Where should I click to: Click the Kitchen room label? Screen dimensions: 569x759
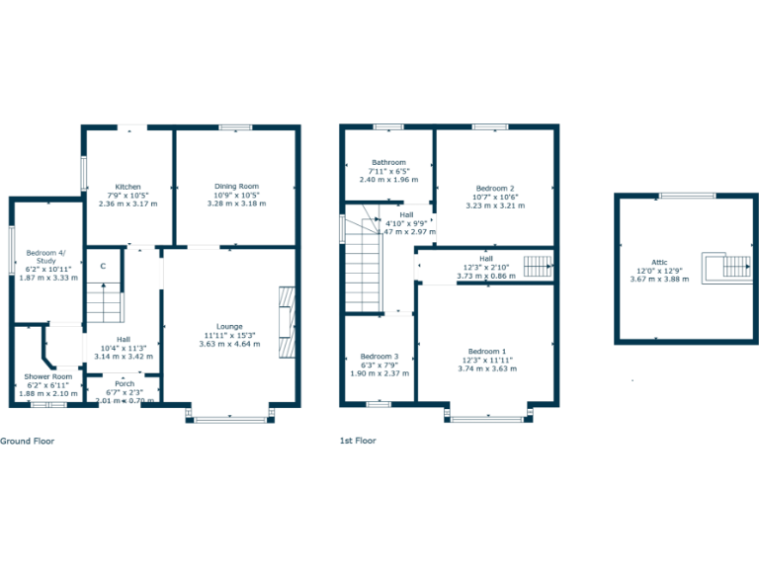tap(127, 187)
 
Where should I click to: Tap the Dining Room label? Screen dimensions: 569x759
tap(236, 187)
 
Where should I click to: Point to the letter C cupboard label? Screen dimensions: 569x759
tap(103, 264)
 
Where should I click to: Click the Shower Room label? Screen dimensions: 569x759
tap(47, 376)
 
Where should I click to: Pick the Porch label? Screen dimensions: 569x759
tap(125, 384)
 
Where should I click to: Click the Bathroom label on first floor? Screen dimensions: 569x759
tap(388, 162)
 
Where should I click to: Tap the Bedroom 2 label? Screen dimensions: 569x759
tap(495, 188)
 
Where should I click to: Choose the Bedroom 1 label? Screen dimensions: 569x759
tap(486, 351)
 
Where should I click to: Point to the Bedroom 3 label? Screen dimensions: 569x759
tap(379, 356)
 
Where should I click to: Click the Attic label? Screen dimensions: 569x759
tap(659, 262)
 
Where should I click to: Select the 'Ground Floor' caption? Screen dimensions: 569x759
tap(27, 441)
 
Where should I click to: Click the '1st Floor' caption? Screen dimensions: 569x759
tap(358, 441)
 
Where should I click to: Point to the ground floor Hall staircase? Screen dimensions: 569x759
tap(106, 302)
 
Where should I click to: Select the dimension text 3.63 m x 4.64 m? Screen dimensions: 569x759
tap(229, 344)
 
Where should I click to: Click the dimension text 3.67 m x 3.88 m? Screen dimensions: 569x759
tap(659, 280)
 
